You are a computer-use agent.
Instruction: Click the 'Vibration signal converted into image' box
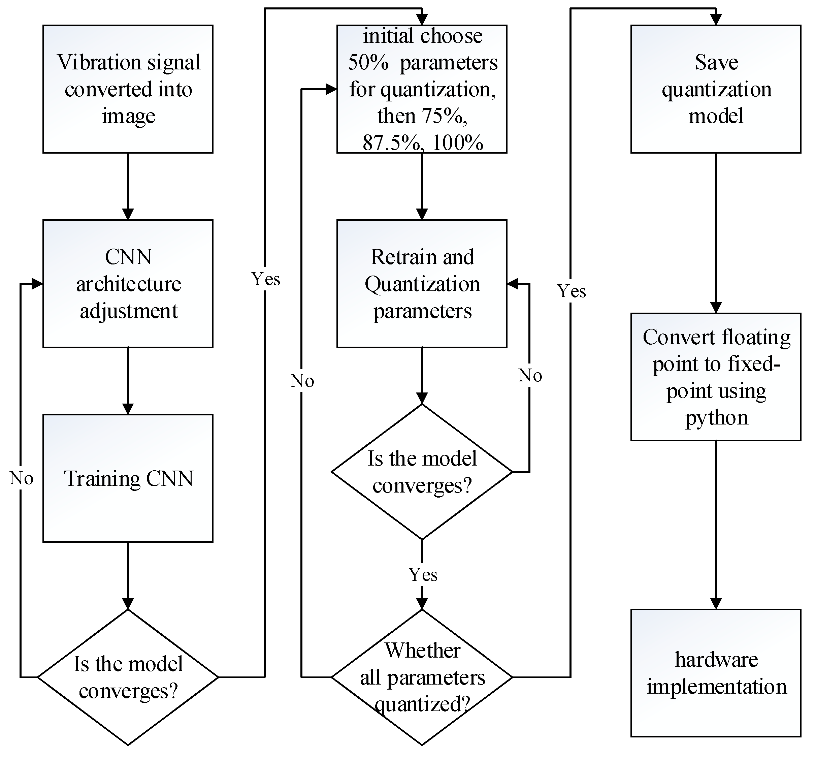pyautogui.click(x=128, y=89)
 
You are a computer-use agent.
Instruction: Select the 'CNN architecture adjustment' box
pyautogui.click(x=128, y=284)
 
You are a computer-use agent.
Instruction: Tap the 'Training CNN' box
pyautogui.click(x=128, y=478)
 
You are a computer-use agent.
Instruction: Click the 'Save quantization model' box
pyautogui.click(x=716, y=89)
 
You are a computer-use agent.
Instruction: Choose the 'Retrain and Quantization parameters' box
pyautogui.click(x=422, y=284)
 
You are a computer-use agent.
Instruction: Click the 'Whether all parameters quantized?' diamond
pyautogui.click(x=422, y=677)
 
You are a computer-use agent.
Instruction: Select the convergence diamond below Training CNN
pyautogui.click(x=128, y=677)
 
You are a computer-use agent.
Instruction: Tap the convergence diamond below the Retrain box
pyautogui.click(x=422, y=472)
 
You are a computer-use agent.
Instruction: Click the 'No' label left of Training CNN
pyautogui.click(x=21, y=478)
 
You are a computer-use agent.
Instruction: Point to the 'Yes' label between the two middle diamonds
pyautogui.click(x=423, y=574)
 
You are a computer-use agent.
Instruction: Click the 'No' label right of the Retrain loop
pyautogui.click(x=530, y=376)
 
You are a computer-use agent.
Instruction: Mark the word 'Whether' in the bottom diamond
pyautogui.click(x=423, y=650)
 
